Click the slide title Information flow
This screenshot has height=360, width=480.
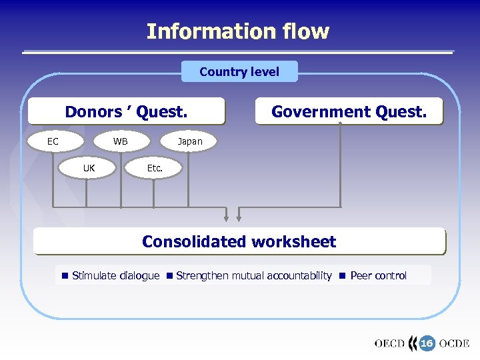(237, 31)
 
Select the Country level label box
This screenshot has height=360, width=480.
(239, 71)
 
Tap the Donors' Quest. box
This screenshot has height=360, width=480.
(126, 112)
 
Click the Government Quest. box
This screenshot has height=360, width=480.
(349, 112)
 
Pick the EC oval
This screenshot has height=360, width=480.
(53, 141)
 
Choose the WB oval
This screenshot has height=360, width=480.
(121, 141)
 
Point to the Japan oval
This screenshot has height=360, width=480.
(189, 141)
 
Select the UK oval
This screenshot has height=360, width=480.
(89, 168)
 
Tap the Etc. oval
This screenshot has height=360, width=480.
(155, 168)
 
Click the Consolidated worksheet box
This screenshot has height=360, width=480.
(239, 241)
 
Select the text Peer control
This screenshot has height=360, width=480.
(378, 276)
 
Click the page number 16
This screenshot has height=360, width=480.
(427, 343)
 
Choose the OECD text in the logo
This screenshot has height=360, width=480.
(389, 344)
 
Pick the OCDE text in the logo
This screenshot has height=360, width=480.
(454, 344)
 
